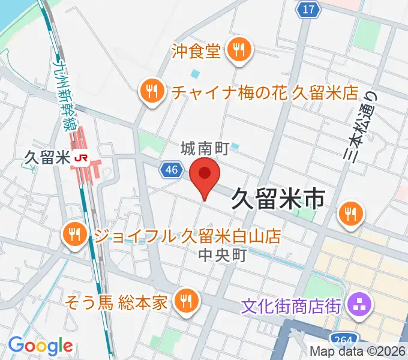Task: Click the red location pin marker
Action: [x=205, y=175]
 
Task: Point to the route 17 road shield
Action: [x=308, y=9]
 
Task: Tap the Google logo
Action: [x=40, y=345]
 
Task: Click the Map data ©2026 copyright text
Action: [x=358, y=352]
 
